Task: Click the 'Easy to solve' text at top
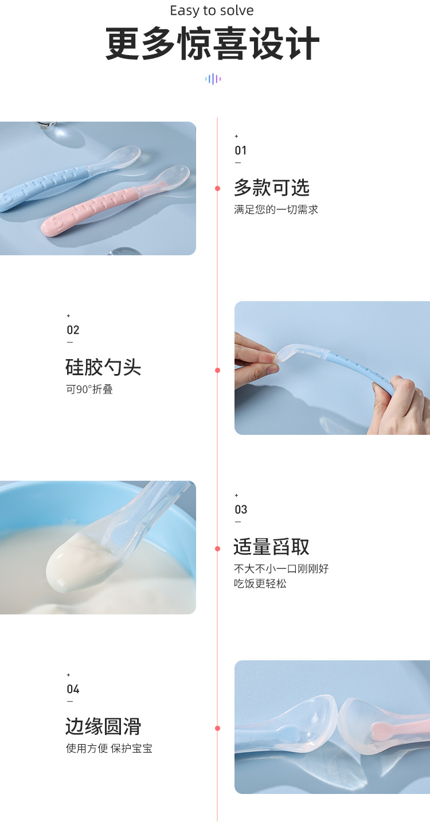click(212, 11)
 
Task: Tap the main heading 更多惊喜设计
click(212, 45)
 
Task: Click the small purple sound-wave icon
click(213, 79)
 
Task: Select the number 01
click(241, 150)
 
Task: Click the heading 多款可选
click(271, 188)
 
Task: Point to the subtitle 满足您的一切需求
click(276, 209)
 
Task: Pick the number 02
click(73, 330)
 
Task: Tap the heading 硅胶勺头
click(103, 367)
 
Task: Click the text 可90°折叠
click(89, 390)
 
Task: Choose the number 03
click(241, 509)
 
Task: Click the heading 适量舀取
click(271, 547)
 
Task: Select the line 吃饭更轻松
click(260, 583)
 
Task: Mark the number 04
click(73, 689)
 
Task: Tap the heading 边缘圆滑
click(103, 726)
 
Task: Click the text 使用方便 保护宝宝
click(109, 748)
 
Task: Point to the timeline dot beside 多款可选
click(218, 188)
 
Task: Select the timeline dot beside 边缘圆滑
click(218, 728)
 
